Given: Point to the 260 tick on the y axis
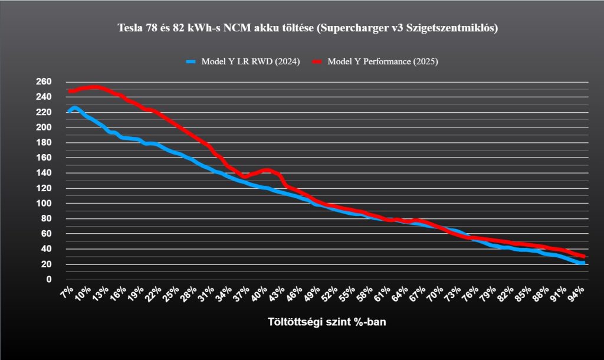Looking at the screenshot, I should pyautogui.click(x=44, y=81).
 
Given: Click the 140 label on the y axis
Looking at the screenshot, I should pyautogui.click(x=44, y=173).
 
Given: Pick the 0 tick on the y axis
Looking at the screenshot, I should pyautogui.click(x=50, y=279).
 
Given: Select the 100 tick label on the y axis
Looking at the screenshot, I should pyautogui.click(x=44, y=204).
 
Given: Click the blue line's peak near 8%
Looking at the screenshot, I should pyautogui.click(x=75, y=108).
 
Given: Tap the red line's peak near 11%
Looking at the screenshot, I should pyautogui.click(x=94, y=87).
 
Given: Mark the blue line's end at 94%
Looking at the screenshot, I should pyautogui.click(x=583, y=263).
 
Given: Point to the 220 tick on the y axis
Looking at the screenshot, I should pyautogui.click(x=44, y=112).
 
